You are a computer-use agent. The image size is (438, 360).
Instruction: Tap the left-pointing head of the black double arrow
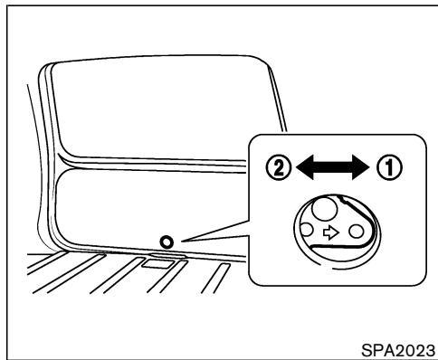coord(302,166)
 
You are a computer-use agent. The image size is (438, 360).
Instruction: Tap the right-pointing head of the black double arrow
coord(366,166)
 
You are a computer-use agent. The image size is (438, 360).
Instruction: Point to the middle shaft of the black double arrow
coord(334,166)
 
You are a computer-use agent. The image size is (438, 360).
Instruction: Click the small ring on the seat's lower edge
coord(167,242)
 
